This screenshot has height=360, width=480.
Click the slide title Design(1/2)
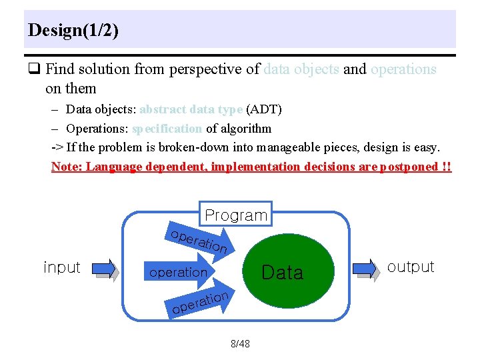pos(73,31)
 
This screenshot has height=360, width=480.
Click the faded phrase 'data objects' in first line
pos(301,69)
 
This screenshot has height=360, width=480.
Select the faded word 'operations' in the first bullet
pos(403,69)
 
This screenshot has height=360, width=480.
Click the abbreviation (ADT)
pos(265,109)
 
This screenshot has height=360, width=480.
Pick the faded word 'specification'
pos(167,128)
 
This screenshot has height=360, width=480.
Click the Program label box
pos(236,215)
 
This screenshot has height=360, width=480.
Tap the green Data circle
pos(282,271)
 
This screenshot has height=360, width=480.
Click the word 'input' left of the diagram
pos(61,267)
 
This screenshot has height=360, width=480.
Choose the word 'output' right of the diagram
pos(411,267)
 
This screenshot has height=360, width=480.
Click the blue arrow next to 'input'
pos(104,269)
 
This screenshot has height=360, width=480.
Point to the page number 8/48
pos(240,344)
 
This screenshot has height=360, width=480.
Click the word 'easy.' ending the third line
pos(426,147)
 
